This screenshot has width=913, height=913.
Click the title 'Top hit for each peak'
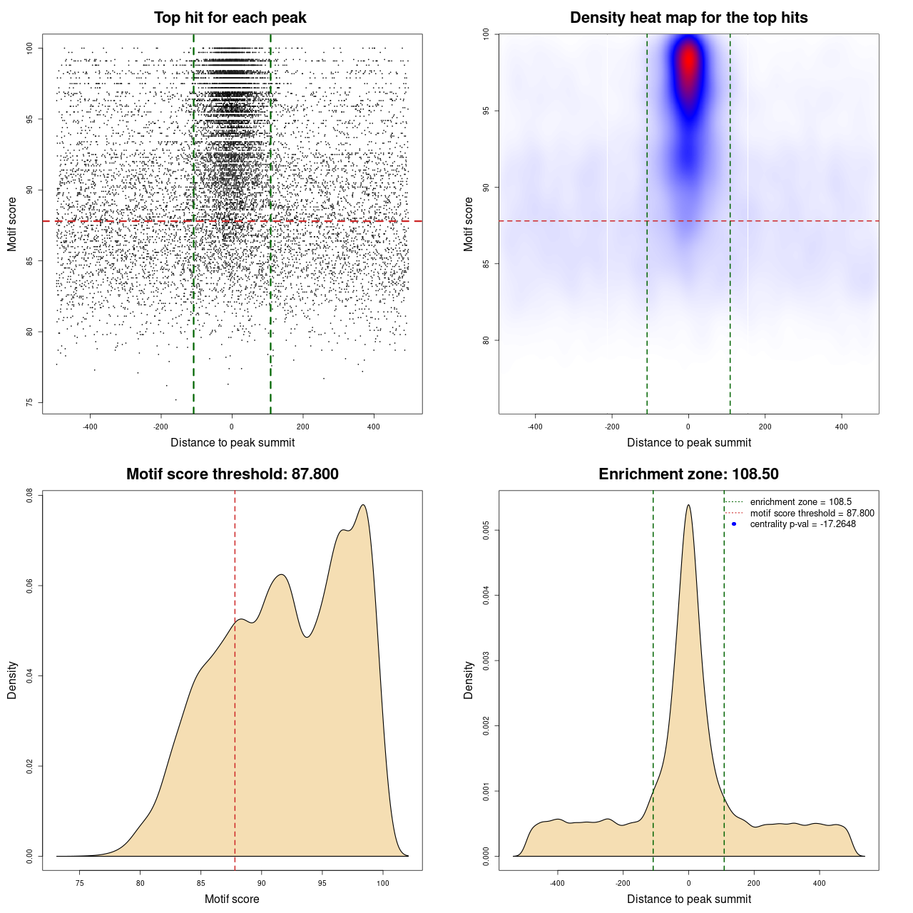point(230,18)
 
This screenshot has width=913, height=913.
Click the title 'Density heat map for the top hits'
point(688,18)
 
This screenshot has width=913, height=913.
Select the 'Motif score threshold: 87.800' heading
point(232,474)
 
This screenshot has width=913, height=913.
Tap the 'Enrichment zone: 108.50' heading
point(688,474)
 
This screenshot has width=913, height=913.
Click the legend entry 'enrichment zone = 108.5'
point(800,502)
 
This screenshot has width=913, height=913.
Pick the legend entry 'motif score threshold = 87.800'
point(812,513)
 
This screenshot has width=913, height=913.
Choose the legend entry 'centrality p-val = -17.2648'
point(802,524)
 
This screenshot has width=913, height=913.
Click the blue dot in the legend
point(734,524)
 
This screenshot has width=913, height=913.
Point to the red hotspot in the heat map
point(688,63)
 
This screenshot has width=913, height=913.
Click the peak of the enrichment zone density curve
point(688,505)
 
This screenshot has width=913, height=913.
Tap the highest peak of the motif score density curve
point(364,505)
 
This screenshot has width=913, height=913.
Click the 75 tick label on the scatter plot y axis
point(29,402)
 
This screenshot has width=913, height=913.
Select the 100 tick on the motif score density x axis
point(383,883)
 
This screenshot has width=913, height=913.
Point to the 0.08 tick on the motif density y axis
point(29,495)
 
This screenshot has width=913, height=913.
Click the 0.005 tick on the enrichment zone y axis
point(486,530)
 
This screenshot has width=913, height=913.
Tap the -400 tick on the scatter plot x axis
point(90,427)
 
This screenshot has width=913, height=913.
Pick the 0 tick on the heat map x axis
point(688,427)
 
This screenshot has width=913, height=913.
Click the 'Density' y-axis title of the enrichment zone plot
point(469,680)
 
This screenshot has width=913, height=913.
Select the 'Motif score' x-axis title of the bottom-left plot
point(232,899)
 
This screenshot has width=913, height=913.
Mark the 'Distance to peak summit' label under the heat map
point(689,442)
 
